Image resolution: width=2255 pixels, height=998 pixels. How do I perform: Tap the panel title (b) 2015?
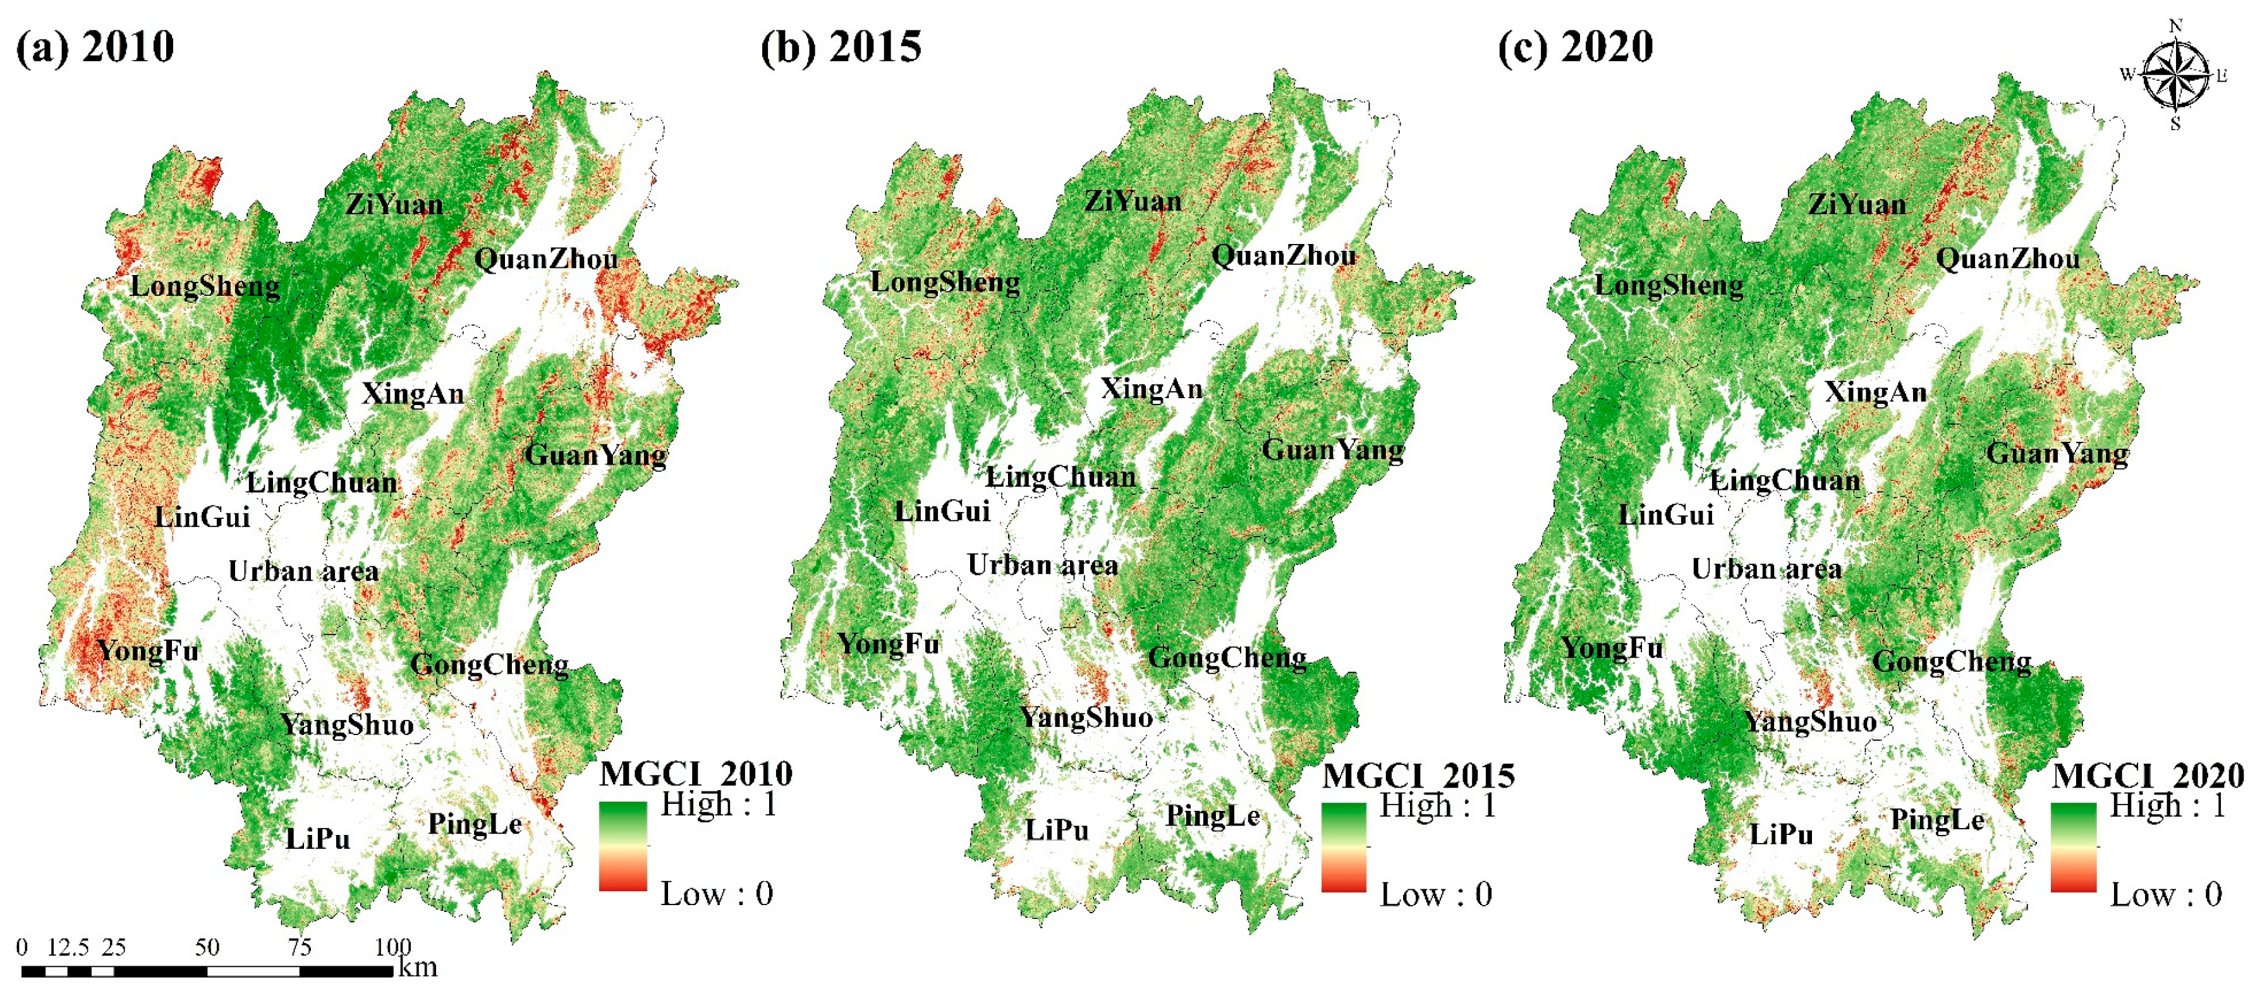point(841,46)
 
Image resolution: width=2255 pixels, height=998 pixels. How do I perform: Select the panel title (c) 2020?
point(1575,46)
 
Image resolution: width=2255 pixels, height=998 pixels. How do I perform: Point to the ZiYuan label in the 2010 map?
point(394,205)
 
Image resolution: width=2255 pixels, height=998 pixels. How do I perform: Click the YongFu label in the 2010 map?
point(148,650)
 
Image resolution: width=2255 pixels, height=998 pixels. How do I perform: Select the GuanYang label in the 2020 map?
point(2057,453)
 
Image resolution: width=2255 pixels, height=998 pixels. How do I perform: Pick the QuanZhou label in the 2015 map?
point(1284,255)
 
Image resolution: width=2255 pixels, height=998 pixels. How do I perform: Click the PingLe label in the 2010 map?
point(475,824)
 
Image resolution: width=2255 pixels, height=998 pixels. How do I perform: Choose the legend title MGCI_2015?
point(1418,776)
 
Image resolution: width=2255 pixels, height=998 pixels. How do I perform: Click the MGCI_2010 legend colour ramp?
point(623,846)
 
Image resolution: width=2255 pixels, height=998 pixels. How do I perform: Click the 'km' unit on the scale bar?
point(418,968)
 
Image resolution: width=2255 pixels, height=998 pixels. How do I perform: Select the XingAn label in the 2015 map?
point(1151,389)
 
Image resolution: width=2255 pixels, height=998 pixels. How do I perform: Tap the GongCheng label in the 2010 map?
point(489,664)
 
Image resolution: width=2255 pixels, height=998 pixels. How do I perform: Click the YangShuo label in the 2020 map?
point(1809,722)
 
